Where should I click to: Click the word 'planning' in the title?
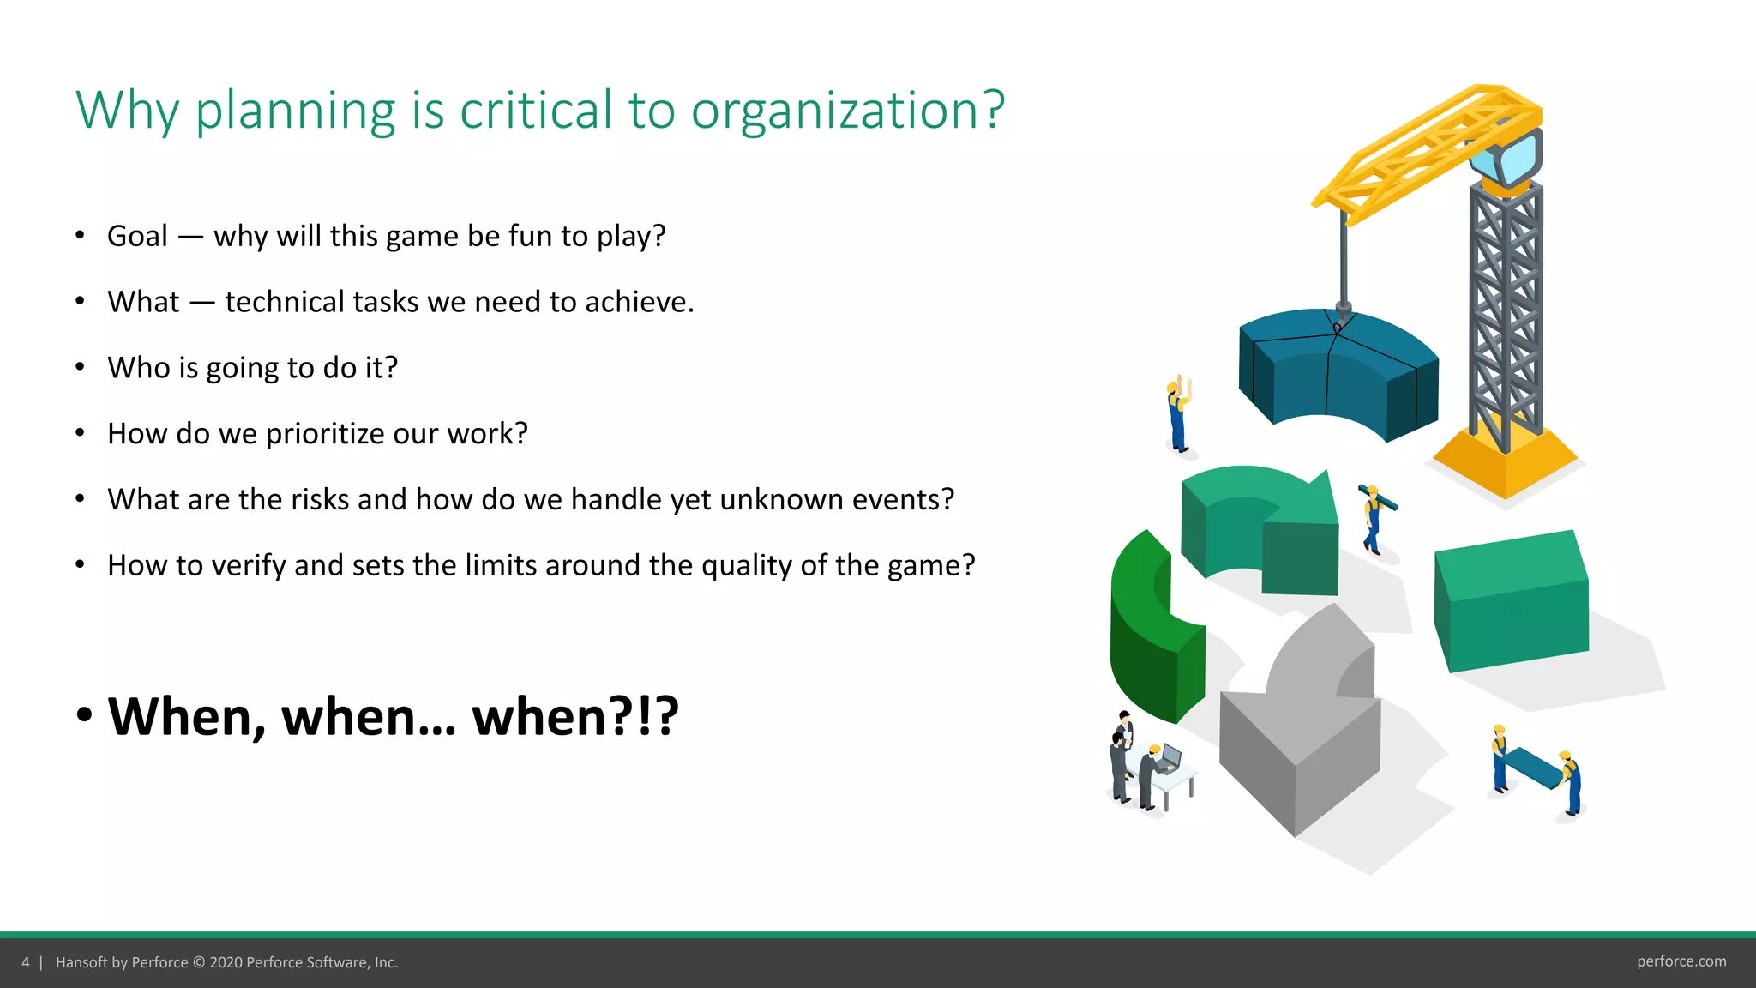coord(295,111)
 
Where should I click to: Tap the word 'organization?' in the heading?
coord(847,111)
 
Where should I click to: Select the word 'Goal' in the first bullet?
coord(137,236)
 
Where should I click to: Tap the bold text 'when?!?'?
coord(575,716)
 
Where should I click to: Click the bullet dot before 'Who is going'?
coord(80,367)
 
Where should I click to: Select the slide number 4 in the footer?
coord(26,962)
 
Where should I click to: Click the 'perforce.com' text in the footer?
coord(1681,961)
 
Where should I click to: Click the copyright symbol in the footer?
coord(199,962)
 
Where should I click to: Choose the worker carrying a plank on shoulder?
coord(1374,520)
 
